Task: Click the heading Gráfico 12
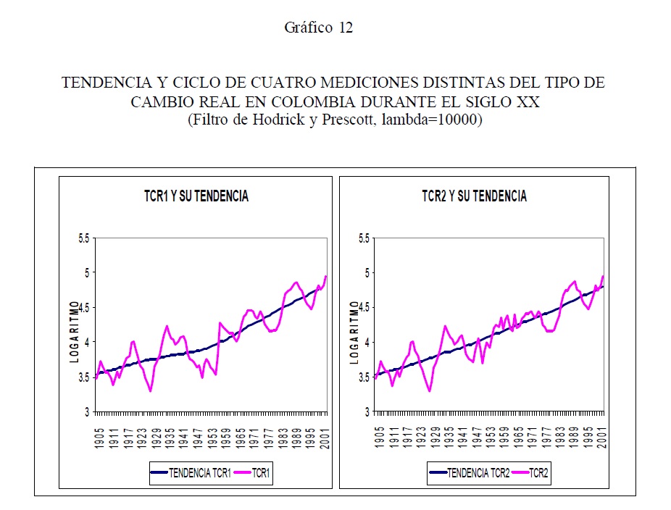318,28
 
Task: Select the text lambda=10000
439,120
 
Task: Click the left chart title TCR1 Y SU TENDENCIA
196,196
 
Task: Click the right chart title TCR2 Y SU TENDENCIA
474,196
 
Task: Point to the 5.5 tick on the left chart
84,238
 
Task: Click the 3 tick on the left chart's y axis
88,412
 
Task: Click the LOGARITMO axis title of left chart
72,332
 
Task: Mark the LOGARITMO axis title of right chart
354,332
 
